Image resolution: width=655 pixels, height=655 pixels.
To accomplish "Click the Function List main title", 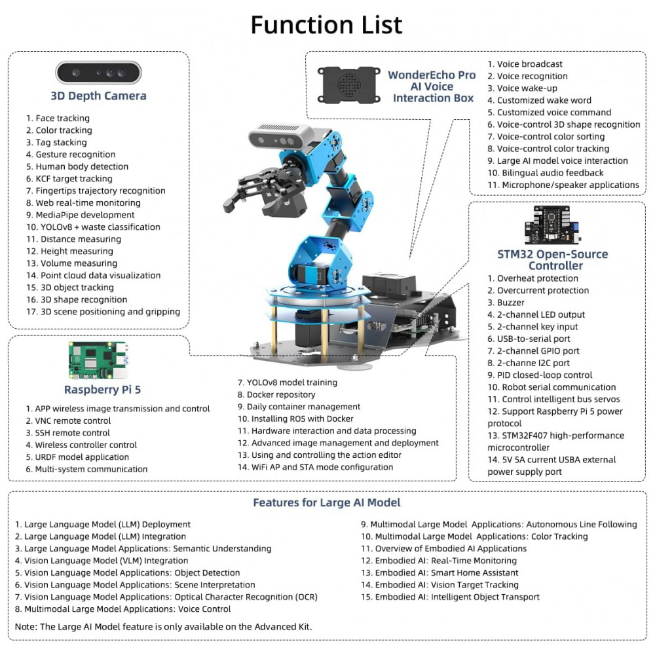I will tap(326, 25).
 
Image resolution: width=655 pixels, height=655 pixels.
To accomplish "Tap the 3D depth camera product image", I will tap(98, 72).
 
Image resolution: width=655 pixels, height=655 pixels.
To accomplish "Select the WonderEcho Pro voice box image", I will tap(348, 84).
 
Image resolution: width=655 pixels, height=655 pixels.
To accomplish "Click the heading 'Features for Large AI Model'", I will tap(326, 503).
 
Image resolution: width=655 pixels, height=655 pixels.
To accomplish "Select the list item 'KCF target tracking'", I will tap(69, 179).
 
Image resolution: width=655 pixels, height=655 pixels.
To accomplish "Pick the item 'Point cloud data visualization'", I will tap(94, 276).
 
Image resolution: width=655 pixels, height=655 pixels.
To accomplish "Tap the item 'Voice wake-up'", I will tap(522, 88).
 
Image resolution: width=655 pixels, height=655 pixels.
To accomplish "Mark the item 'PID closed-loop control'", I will tap(540, 375).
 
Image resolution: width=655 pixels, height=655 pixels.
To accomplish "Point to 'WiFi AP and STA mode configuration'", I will tap(315, 468).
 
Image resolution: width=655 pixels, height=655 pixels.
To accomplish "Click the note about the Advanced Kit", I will tap(163, 627).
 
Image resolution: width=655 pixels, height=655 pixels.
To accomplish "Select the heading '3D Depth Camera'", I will tap(98, 96).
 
